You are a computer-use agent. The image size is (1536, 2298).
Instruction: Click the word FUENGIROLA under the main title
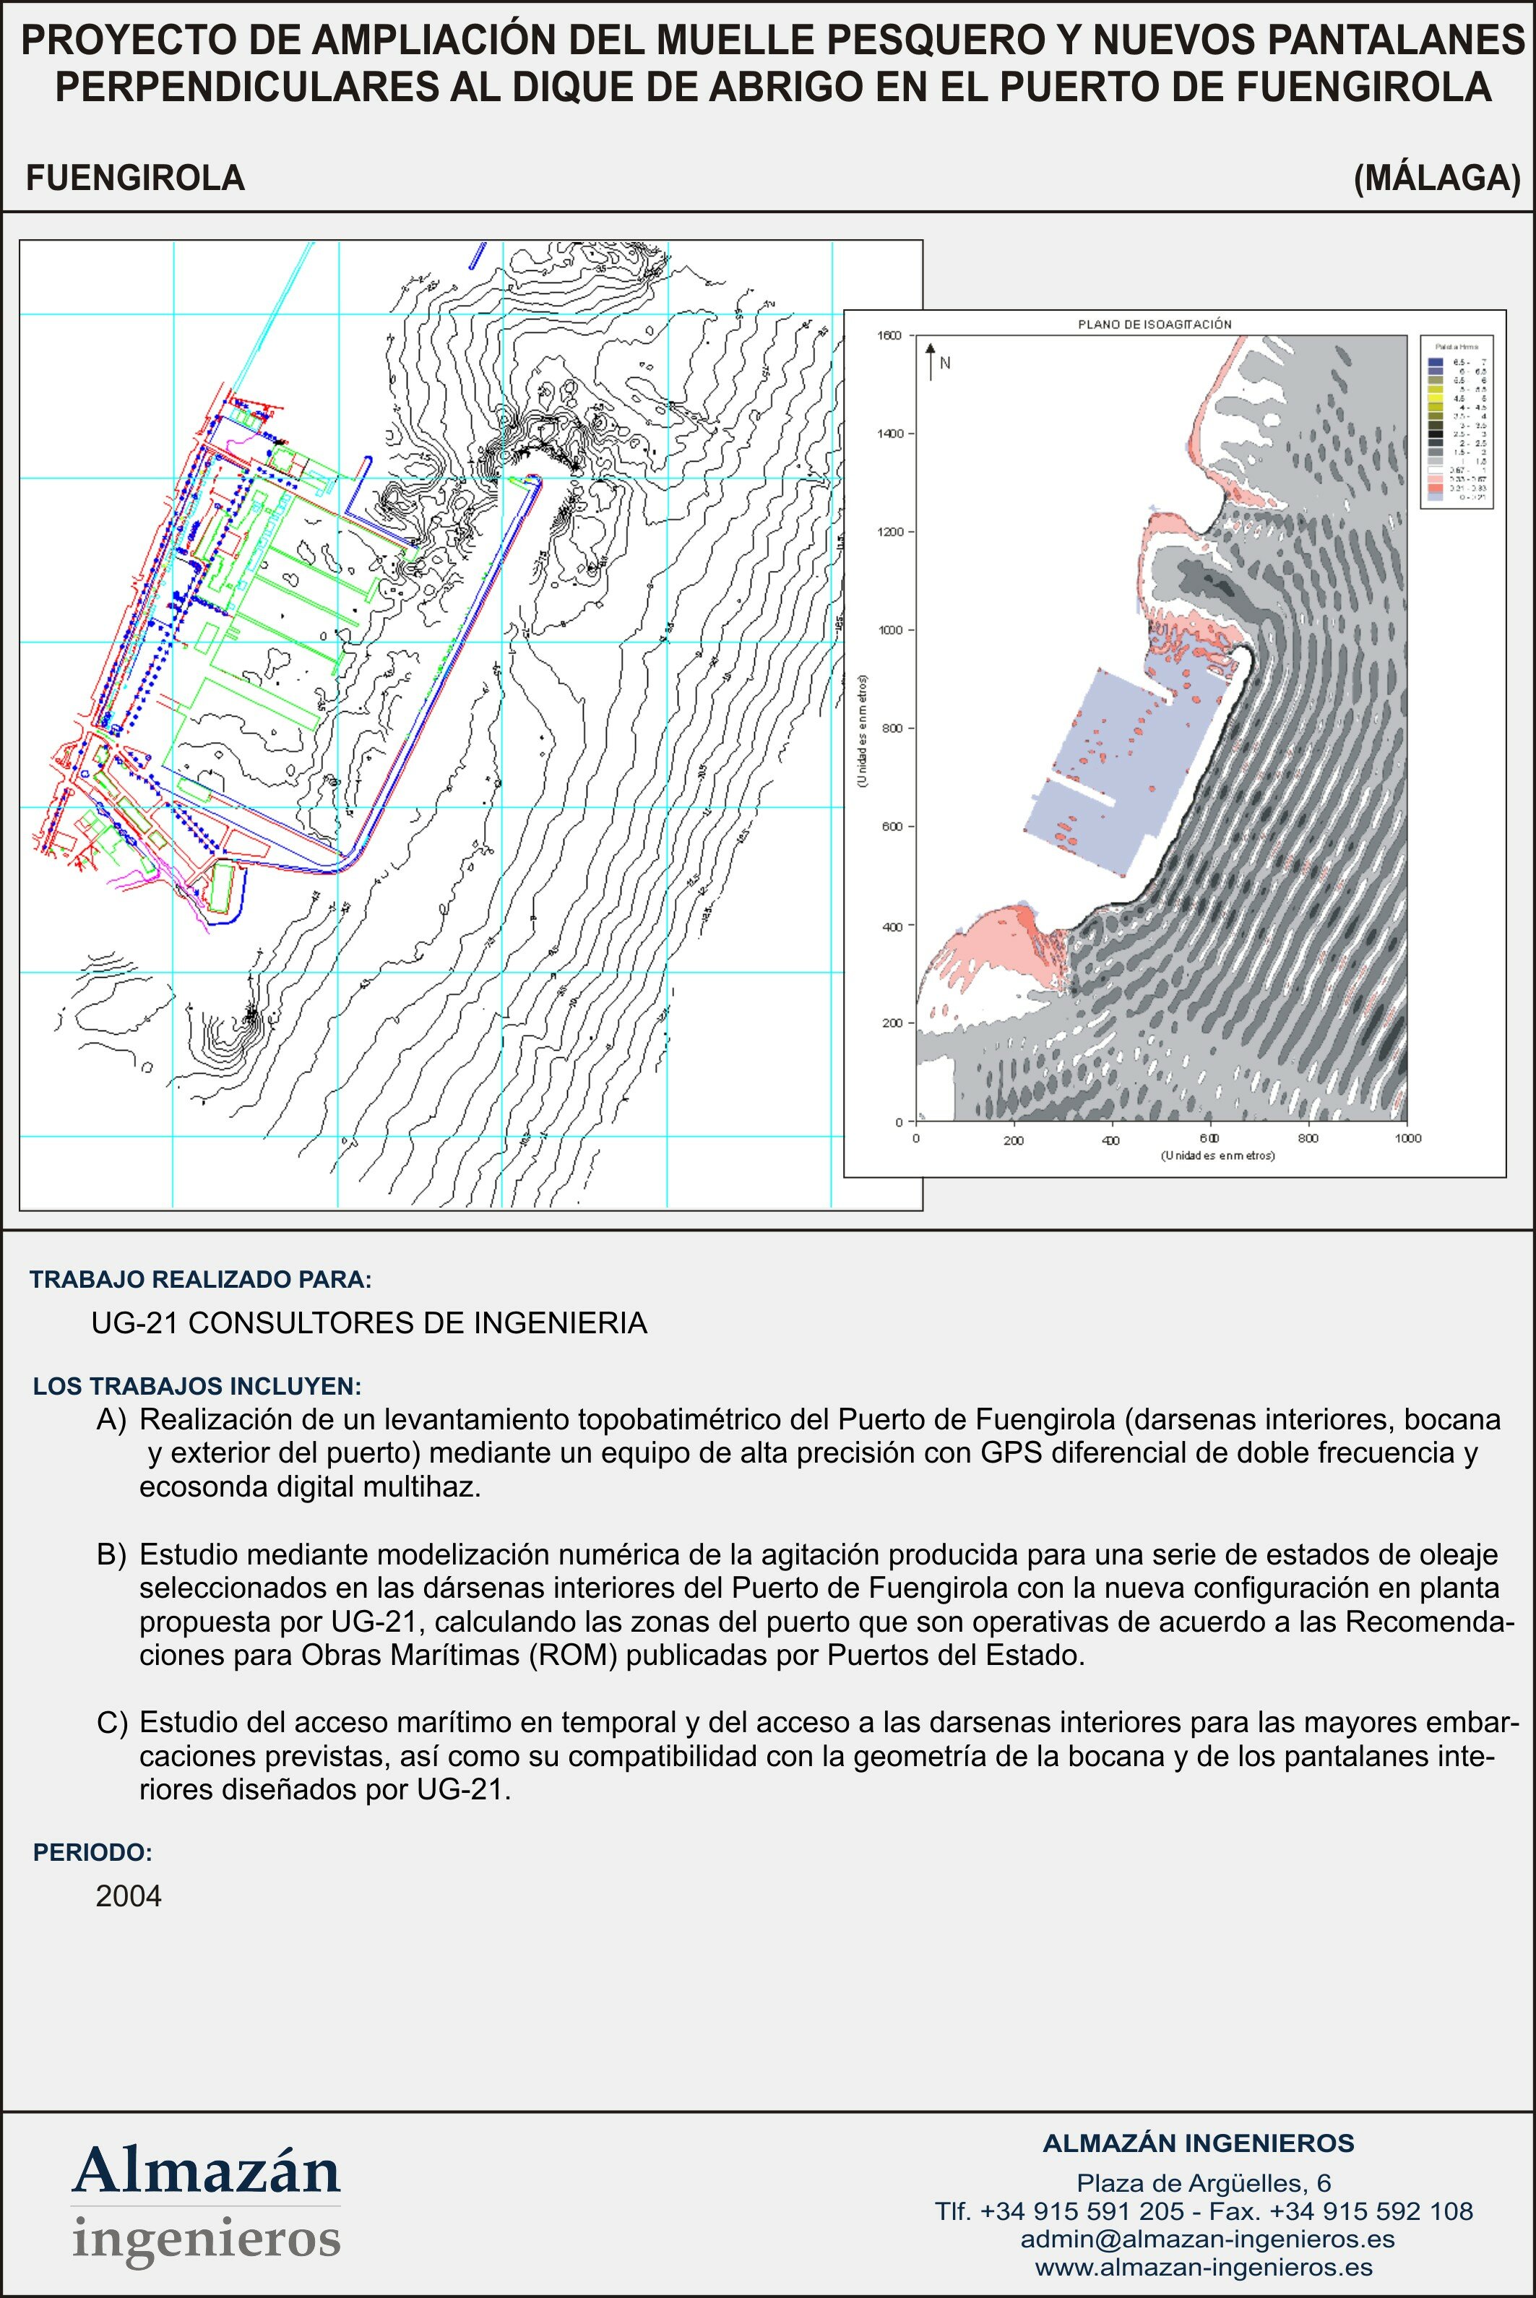[x=135, y=178]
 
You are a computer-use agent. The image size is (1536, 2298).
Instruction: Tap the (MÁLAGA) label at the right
[x=1436, y=178]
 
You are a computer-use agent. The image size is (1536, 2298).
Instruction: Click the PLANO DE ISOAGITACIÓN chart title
[x=1154, y=324]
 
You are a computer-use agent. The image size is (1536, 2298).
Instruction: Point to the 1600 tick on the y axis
[x=889, y=336]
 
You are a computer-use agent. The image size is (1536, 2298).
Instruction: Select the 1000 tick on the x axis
[x=1407, y=1138]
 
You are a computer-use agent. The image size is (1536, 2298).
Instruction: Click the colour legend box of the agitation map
[x=1457, y=421]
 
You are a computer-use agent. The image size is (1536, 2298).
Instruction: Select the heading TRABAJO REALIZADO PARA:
[x=201, y=1279]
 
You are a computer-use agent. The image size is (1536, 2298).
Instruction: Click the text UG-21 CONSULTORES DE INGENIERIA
[x=369, y=1323]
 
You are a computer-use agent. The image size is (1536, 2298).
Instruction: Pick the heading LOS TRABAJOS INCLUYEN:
[x=197, y=1386]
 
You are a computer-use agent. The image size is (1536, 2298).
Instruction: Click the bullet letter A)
[x=112, y=1419]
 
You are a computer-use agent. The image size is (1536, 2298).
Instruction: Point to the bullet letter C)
[x=112, y=1722]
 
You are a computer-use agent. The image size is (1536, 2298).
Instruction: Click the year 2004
[x=129, y=1896]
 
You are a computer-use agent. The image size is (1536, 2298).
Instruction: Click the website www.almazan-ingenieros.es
[x=1204, y=2267]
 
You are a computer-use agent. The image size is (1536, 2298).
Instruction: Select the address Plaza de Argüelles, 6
[x=1203, y=2182]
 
